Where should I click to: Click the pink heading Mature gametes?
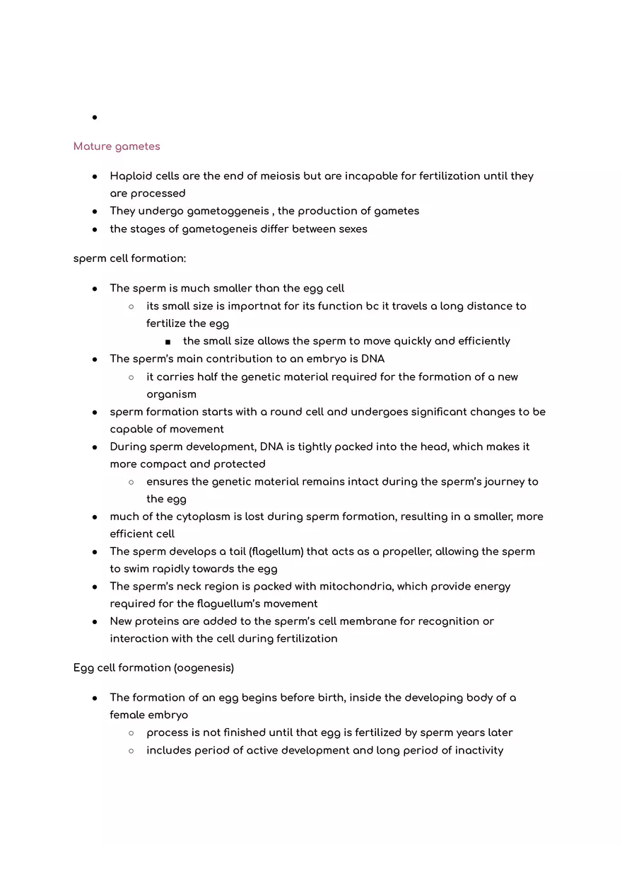(117, 146)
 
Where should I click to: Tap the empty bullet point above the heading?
(94, 117)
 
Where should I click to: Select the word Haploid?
(131, 176)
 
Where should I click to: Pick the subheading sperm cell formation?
(129, 258)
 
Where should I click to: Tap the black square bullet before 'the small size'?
(168, 342)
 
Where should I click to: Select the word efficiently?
(483, 341)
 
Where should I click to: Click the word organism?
(171, 394)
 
